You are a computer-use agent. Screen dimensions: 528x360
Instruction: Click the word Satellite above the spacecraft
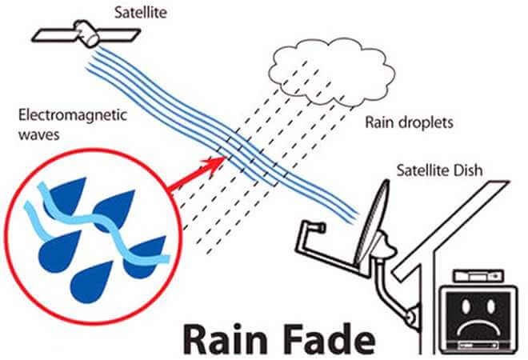[x=141, y=13]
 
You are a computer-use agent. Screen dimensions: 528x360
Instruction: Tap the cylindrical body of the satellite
[x=87, y=33]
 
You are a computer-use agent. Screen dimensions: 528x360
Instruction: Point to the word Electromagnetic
[x=72, y=115]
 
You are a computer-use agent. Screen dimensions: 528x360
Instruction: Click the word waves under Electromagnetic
[x=38, y=134]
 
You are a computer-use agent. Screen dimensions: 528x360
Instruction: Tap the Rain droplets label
[x=409, y=122]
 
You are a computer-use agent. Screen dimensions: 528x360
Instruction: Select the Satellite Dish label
[x=439, y=170]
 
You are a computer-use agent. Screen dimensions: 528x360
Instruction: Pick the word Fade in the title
[x=330, y=338]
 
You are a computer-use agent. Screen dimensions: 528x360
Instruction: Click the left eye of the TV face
[x=466, y=306]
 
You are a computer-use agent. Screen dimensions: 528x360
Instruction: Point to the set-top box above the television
[x=478, y=276]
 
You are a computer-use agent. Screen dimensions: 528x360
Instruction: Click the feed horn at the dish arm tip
[x=318, y=228]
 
